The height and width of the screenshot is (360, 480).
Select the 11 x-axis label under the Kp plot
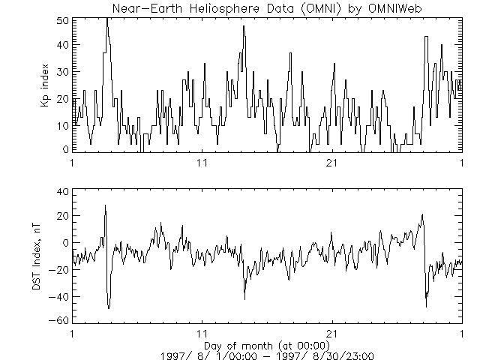pyautogui.click(x=202, y=163)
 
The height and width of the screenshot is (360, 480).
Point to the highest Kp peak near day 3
pyautogui.click(x=107, y=19)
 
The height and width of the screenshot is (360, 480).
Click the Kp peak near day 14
pyautogui.click(x=244, y=26)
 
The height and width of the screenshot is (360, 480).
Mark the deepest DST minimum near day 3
pyautogui.click(x=109, y=307)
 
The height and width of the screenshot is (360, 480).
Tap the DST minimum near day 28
pyautogui.click(x=426, y=306)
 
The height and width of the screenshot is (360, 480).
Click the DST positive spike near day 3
pyautogui.click(x=105, y=205)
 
